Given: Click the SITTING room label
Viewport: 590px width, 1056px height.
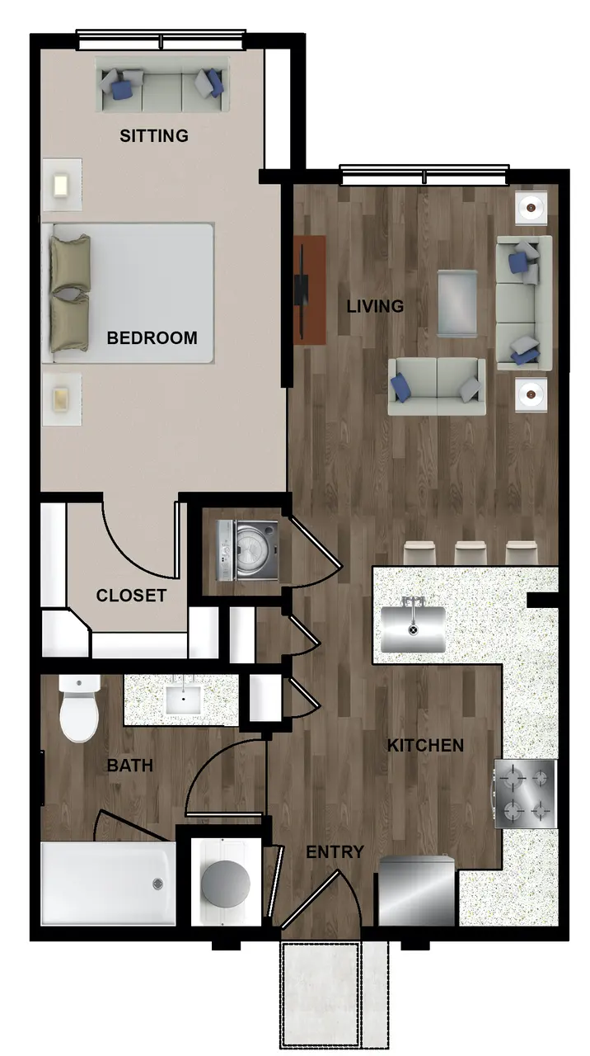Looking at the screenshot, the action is (x=154, y=136).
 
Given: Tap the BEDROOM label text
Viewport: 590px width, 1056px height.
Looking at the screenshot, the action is (x=152, y=338).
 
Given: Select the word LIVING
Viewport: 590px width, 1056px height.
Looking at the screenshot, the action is (x=375, y=306).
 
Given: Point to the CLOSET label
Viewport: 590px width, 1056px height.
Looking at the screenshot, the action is (x=131, y=596).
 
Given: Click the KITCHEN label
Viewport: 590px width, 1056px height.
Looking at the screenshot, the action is (x=426, y=745).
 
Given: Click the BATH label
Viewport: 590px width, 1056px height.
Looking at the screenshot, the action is (x=130, y=765).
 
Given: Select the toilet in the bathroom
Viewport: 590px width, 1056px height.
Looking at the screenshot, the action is (x=79, y=709).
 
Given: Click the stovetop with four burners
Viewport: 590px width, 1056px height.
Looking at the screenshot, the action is (x=525, y=794).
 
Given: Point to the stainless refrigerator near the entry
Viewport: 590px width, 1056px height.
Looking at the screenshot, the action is (x=417, y=891).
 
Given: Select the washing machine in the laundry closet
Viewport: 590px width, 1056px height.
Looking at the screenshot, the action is (x=247, y=550).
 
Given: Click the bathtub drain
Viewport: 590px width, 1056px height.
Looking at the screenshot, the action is (x=158, y=884).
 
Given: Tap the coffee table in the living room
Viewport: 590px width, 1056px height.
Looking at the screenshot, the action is (x=457, y=304).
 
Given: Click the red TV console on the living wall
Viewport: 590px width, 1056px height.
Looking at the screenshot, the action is (x=310, y=290).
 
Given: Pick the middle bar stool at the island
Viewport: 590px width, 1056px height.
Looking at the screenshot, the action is (x=471, y=553).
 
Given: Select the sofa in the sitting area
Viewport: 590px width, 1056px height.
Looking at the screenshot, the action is (x=162, y=85).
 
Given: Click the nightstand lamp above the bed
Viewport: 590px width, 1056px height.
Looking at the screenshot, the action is (x=62, y=185).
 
